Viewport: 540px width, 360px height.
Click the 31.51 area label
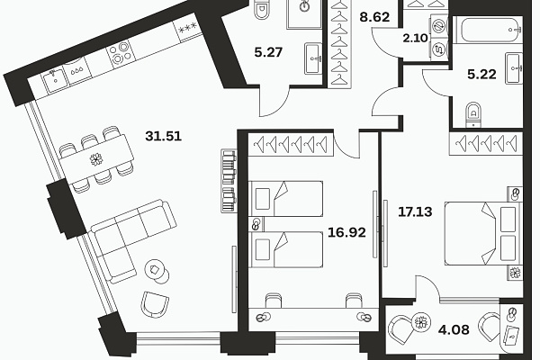tap(163, 137)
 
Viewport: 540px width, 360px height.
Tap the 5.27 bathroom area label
tap(268, 52)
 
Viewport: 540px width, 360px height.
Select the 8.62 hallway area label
tap(374, 17)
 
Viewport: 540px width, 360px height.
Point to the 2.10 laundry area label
tap(415, 38)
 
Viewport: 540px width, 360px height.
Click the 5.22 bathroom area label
tap(481, 74)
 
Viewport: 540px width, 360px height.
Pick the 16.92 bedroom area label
tap(346, 232)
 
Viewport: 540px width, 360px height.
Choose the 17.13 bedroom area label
tap(415, 211)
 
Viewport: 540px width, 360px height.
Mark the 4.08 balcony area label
tap(454, 329)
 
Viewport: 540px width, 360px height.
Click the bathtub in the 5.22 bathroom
tap(487, 30)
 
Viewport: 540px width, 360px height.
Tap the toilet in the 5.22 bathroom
tap(473, 114)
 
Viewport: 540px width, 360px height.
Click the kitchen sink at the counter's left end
tap(54, 81)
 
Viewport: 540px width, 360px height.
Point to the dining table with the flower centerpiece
tap(96, 159)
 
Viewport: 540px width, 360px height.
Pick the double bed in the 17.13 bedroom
tap(483, 234)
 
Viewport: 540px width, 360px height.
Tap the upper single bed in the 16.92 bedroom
tap(285, 199)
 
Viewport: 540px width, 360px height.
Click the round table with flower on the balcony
tap(421, 323)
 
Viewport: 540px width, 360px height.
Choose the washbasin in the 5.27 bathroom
tap(314, 58)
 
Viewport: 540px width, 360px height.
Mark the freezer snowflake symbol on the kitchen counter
tap(187, 27)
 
